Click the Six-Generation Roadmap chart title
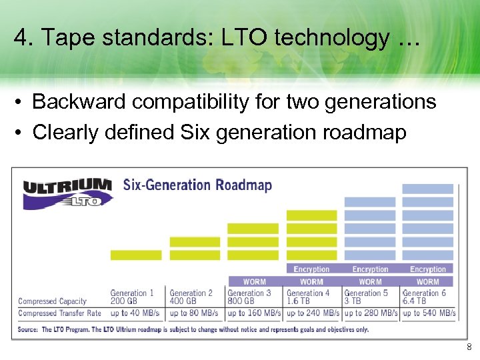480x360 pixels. click(197, 185)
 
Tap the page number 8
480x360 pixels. click(469, 347)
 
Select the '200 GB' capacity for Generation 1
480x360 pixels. click(125, 301)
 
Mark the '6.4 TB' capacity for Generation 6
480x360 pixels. click(415, 301)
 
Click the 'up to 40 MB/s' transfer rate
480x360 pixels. click(135, 313)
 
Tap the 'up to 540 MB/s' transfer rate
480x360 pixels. click(429, 313)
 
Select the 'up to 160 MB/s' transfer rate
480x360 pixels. click(254, 313)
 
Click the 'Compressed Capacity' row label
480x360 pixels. click(53, 301)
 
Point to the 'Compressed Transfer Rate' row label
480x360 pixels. click(60, 313)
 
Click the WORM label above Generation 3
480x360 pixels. click(254, 282)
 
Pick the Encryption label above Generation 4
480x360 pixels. click(312, 269)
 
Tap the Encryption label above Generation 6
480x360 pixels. click(428, 269)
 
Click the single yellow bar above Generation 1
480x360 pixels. click(136, 255)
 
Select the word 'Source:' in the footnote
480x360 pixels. click(29, 329)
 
